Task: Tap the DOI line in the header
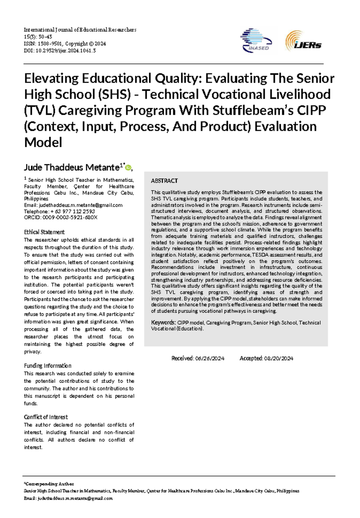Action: pyautogui.click(x=60, y=51)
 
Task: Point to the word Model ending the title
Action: pyautogui.click(x=43, y=142)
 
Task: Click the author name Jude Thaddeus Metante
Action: pyautogui.click(x=71, y=167)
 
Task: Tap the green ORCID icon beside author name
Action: pyautogui.click(x=128, y=168)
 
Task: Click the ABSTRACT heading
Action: pyautogui.click(x=164, y=181)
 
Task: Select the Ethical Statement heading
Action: pyautogui.click(x=44, y=232)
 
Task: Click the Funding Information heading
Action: pyautogui.click(x=47, y=366)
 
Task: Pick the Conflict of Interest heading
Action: pyautogui.click(x=46, y=417)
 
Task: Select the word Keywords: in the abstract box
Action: pyautogui.click(x=163, y=323)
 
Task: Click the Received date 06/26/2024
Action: pyautogui.click(x=209, y=358)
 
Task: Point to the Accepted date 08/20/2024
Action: pyautogui.click(x=278, y=358)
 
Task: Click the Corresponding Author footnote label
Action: pyautogui.click(x=49, y=484)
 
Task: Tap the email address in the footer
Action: pyautogui.click(x=75, y=498)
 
